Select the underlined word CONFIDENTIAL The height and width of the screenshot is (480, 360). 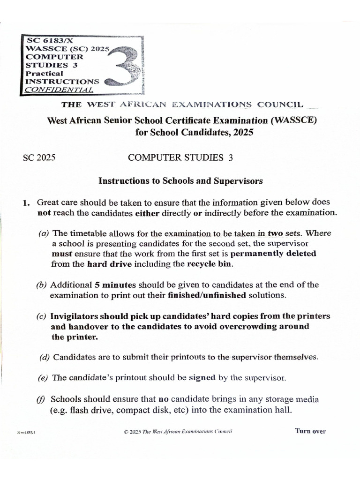(x=59, y=89)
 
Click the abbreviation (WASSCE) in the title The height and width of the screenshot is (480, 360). (x=293, y=120)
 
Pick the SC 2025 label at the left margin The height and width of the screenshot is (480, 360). (x=39, y=158)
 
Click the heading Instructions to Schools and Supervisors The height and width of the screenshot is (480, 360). (x=180, y=180)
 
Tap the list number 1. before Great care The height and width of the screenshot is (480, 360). (x=27, y=202)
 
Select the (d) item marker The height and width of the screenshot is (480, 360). (x=45, y=357)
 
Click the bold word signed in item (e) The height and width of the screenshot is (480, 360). (x=202, y=377)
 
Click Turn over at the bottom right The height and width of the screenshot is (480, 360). (x=310, y=431)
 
